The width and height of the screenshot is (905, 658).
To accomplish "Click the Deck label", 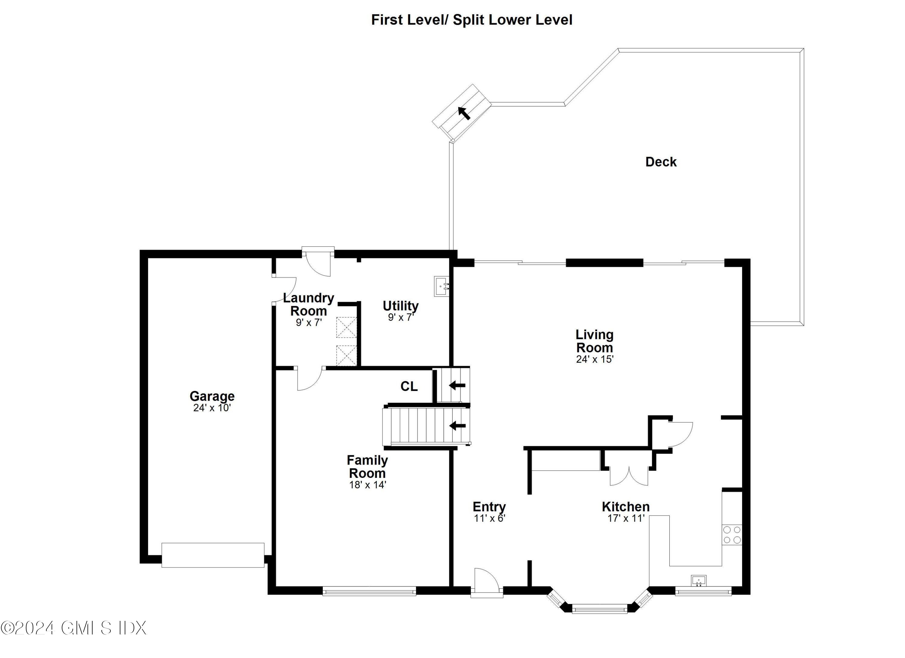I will point(660,162).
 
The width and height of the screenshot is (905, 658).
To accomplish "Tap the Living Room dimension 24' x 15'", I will point(594,359).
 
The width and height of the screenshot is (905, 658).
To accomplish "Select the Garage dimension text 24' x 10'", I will point(212,408).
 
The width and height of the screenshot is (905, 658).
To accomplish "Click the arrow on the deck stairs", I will point(464,113).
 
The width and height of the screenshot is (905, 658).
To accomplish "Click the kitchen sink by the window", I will point(698,580).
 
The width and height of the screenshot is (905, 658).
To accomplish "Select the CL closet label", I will point(408,386).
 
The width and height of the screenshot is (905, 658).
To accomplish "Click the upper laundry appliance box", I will point(346,328).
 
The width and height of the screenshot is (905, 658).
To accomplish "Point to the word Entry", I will point(489,507).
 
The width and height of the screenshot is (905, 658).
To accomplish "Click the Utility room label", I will point(400,306).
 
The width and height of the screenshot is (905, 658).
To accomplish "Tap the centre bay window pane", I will point(599,609).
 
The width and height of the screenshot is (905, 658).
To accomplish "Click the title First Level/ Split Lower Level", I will point(471,20).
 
